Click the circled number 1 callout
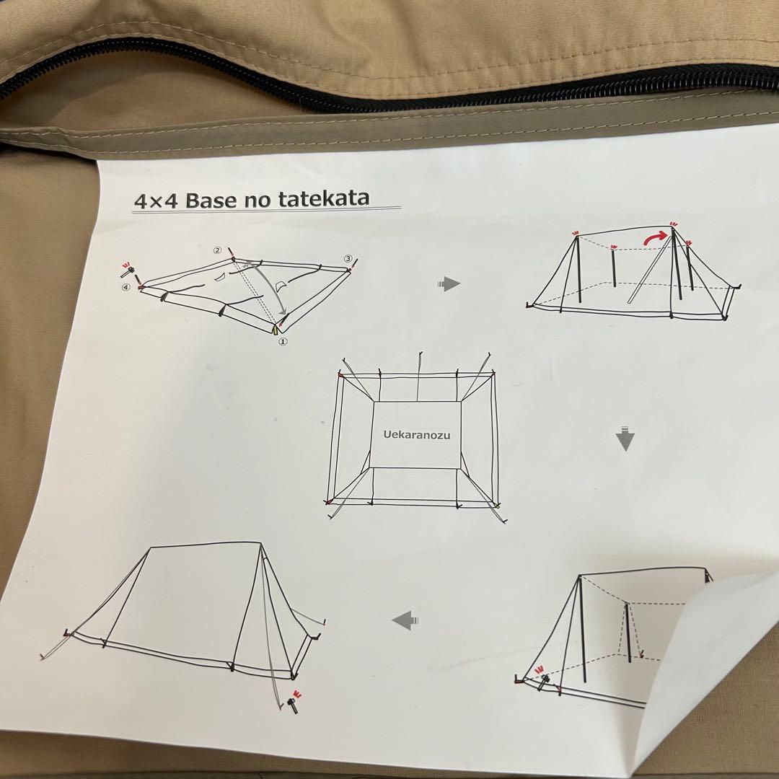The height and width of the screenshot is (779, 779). [283, 342]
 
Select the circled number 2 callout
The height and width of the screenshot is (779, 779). [217, 250]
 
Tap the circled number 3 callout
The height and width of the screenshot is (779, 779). [348, 258]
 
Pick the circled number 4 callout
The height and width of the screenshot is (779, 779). [127, 287]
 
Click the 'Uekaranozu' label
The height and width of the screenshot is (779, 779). [417, 436]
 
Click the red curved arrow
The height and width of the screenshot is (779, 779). [655, 237]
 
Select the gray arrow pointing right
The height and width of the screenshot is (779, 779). [449, 284]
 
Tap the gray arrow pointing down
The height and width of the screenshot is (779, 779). [625, 439]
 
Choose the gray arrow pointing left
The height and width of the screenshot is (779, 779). [406, 620]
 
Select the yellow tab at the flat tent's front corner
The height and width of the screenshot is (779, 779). [275, 330]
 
